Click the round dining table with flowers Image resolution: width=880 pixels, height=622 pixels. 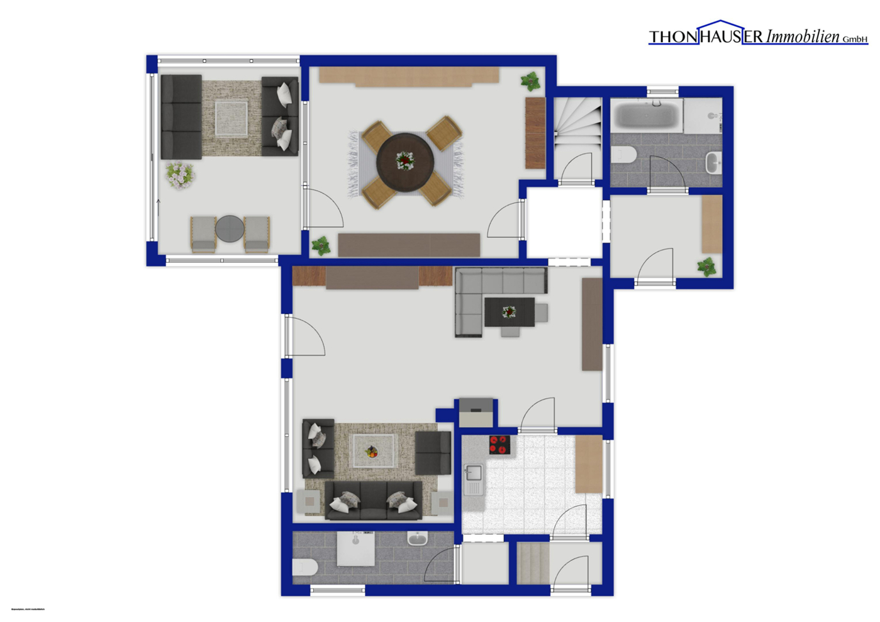404,161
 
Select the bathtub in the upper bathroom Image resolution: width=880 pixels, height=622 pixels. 647,115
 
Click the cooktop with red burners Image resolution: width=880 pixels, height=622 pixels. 499,445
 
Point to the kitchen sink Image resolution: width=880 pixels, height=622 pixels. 473,473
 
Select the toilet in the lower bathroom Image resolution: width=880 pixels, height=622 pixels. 305,567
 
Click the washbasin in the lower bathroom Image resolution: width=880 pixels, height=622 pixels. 417,539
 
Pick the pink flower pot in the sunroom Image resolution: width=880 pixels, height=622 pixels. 180,174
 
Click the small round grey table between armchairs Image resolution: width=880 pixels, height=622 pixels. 230,229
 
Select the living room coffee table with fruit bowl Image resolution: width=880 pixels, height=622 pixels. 374,451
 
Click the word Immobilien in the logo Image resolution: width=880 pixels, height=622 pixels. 803,37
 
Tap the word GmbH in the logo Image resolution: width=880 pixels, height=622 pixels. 855,40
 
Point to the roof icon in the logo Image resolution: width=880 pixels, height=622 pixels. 721,25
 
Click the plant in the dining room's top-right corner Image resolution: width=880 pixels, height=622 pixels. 530,81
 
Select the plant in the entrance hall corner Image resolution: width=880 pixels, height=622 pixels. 707,267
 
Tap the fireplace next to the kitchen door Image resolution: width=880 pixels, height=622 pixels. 476,413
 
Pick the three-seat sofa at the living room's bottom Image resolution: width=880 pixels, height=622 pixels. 373,501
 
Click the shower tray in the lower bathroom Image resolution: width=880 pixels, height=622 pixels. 356,549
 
